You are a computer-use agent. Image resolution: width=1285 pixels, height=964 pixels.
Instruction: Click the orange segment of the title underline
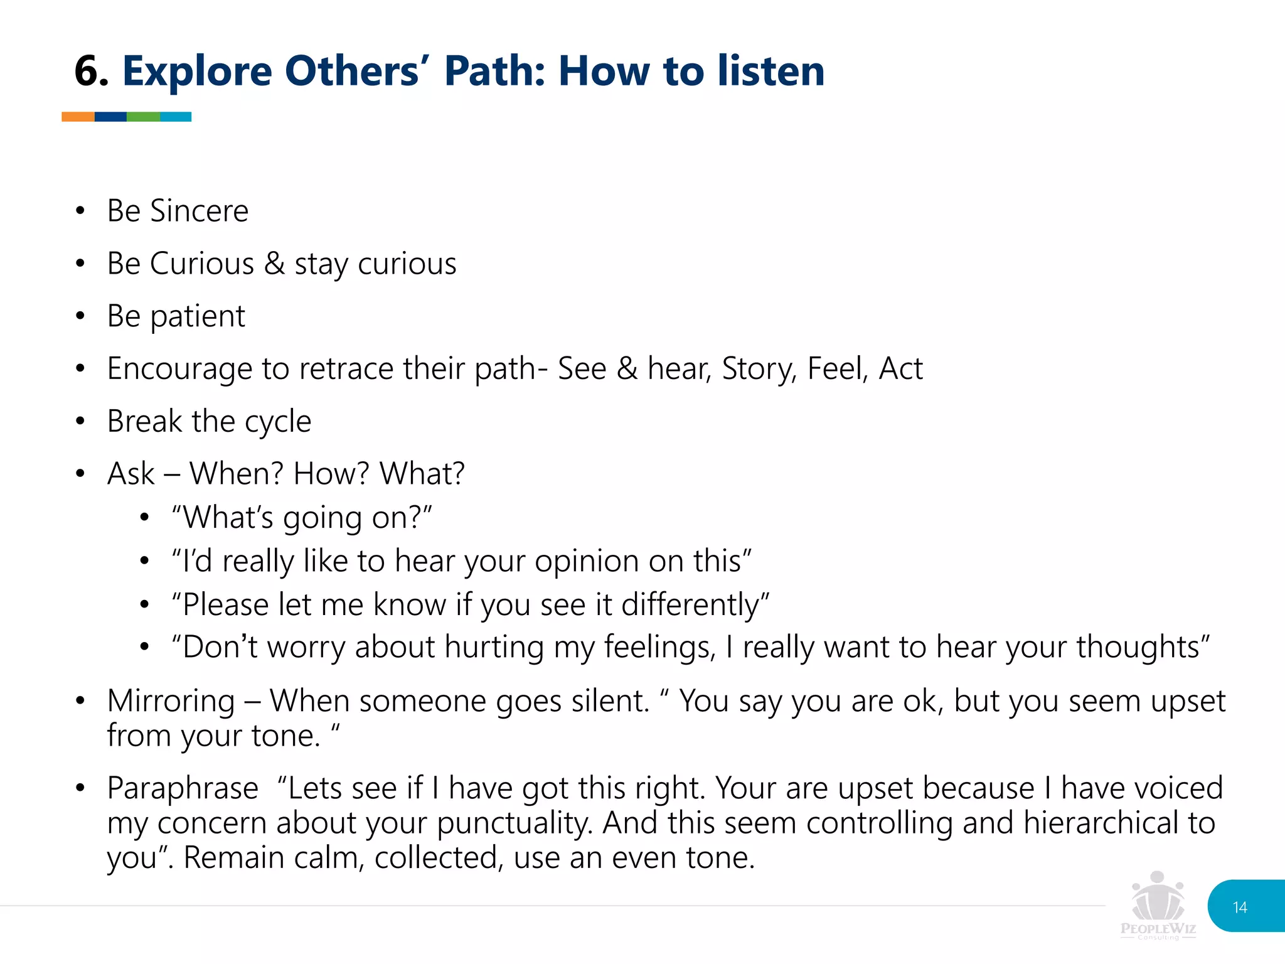[x=78, y=117]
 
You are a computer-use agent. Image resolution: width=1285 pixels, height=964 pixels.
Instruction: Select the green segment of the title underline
[x=143, y=117]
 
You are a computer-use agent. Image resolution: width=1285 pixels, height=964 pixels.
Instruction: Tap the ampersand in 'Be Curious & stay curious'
[x=274, y=264]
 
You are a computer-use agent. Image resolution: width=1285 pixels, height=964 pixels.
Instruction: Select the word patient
[x=197, y=316]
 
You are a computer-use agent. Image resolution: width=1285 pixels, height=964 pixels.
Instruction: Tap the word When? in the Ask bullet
[x=237, y=474]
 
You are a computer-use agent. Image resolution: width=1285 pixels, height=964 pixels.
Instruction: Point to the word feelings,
[x=659, y=648]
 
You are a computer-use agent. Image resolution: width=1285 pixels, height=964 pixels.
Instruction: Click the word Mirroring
[x=171, y=701]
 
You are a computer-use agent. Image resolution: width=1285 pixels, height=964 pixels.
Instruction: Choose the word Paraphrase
[x=182, y=788]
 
